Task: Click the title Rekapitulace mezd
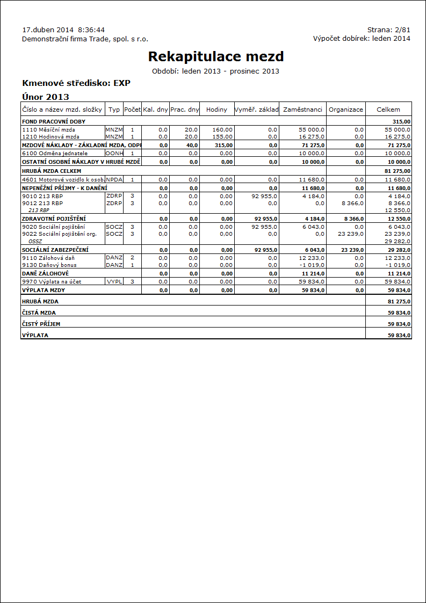[x=215, y=56]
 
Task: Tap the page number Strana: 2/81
[x=388, y=30]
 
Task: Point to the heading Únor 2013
[x=46, y=97]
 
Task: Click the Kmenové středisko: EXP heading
[x=76, y=83]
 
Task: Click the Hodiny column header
[x=216, y=110]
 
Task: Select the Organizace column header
[x=346, y=110]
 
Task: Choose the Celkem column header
[x=388, y=110]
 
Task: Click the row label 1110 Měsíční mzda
[x=49, y=130]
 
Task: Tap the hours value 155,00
[x=222, y=137]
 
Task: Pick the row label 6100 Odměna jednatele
[x=55, y=154]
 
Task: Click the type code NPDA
[x=114, y=179]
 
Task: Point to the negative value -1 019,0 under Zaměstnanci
[x=312, y=265]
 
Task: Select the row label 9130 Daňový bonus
[x=49, y=265]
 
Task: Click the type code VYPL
[x=114, y=281]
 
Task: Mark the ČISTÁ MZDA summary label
[x=39, y=313]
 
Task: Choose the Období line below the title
[x=215, y=71]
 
